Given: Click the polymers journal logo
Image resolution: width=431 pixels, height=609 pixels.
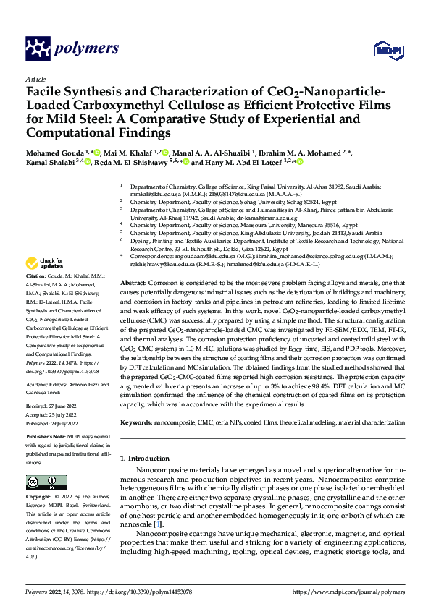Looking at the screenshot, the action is point(72,48).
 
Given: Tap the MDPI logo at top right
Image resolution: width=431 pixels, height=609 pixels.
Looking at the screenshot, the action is point(388,48).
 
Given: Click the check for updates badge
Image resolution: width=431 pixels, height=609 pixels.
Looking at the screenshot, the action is point(44,263).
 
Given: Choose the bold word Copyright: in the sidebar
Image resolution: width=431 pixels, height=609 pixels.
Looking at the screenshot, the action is point(38,498).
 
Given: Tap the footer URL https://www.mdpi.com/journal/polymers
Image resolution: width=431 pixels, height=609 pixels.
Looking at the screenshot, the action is point(348,591).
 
